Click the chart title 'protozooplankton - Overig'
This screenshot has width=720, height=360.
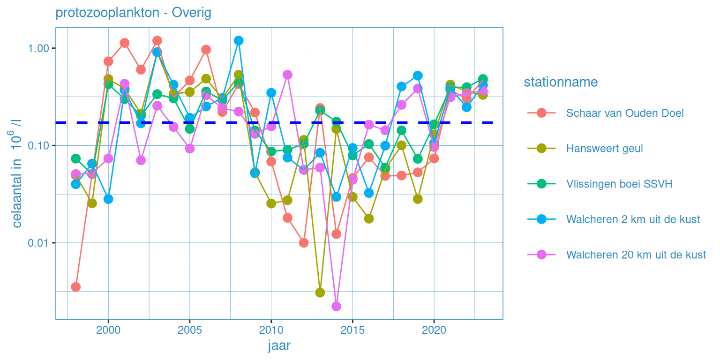click(x=133, y=13)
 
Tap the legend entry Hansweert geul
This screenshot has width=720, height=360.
click(x=604, y=149)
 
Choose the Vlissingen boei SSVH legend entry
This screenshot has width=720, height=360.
click(x=619, y=184)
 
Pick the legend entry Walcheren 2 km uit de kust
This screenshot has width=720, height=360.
click(x=633, y=219)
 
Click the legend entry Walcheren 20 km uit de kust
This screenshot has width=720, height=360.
click(x=636, y=255)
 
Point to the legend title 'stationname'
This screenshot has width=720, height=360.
click(x=561, y=82)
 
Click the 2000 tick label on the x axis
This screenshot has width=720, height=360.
click(x=108, y=330)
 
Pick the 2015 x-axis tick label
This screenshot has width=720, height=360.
click(x=352, y=330)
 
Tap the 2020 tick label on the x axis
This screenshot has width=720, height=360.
click(x=434, y=330)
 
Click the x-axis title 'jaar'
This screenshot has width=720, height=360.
click(x=279, y=346)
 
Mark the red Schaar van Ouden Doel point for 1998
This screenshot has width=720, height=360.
click(x=75, y=287)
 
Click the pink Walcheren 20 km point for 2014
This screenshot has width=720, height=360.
click(x=336, y=307)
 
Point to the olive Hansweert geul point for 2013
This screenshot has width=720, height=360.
click(x=320, y=292)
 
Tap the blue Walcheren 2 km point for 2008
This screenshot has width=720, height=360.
click(x=239, y=41)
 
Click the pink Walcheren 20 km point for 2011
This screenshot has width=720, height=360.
click(x=287, y=75)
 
